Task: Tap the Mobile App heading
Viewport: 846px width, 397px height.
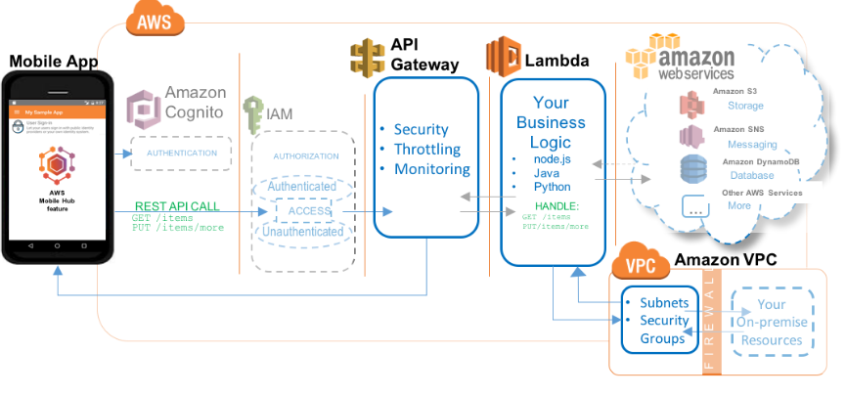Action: coord(55,62)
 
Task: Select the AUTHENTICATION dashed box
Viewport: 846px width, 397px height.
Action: coord(181,154)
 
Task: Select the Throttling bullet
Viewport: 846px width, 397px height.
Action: coord(429,150)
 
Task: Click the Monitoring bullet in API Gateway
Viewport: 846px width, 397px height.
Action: coord(431,169)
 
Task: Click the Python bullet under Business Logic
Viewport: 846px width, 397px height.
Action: coord(552,186)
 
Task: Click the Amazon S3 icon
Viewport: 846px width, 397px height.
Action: coord(692,102)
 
